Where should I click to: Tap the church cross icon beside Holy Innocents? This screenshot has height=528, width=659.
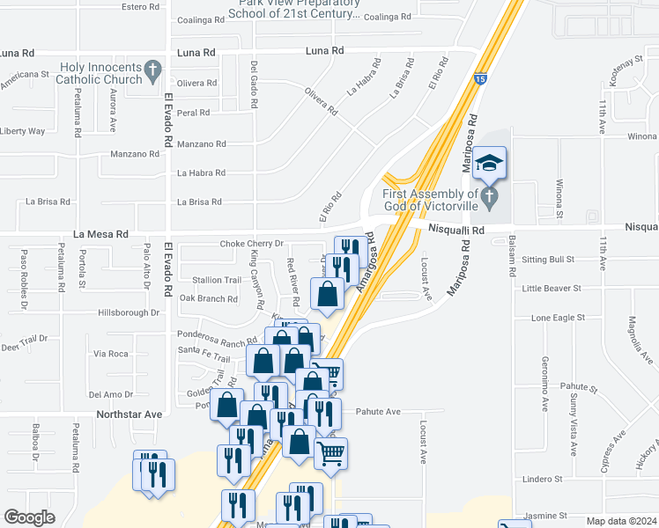tap(153, 69)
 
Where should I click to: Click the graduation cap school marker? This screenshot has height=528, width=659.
tap(490, 163)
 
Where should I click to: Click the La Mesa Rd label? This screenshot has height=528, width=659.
tap(101, 235)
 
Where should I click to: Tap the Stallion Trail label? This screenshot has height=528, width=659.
tap(217, 280)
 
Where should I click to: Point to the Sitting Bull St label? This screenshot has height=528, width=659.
tap(547, 260)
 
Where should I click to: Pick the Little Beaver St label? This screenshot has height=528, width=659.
tap(552, 288)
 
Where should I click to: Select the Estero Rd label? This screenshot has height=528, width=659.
tap(141, 7)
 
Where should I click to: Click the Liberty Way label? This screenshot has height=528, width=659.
tap(23, 131)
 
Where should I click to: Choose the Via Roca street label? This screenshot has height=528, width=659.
tap(111, 354)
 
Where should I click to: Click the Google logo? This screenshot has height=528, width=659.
tap(29, 517)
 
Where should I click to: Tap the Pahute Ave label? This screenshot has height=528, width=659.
tap(378, 411)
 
